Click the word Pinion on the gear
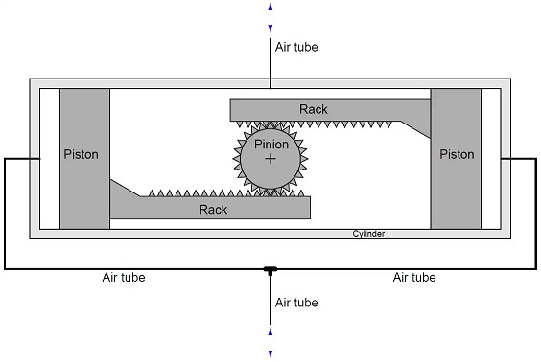(271, 145)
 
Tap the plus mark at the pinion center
(270, 159)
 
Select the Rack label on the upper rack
(314, 109)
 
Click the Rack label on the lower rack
(213, 209)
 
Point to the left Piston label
(82, 154)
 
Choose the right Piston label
(457, 154)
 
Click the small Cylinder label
(368, 234)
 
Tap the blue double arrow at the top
(270, 17)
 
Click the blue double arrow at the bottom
(270, 343)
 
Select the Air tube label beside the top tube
(296, 47)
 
